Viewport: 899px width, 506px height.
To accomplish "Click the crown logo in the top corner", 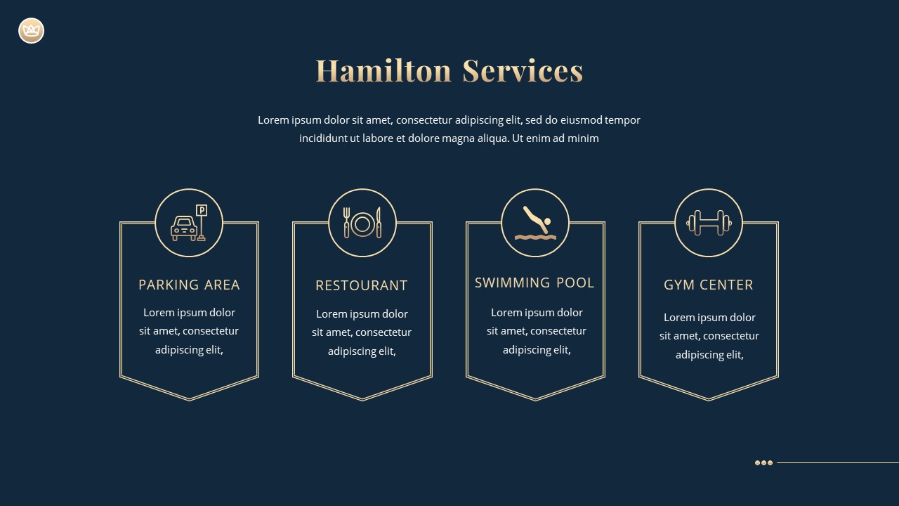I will [31, 31].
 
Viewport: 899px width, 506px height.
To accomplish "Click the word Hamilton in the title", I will [383, 71].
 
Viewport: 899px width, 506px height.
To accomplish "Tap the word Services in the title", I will [523, 71].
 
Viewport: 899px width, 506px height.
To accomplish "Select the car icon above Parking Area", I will [184, 228].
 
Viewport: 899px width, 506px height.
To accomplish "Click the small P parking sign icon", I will [202, 210].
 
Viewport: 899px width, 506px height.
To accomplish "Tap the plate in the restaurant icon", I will [362, 223].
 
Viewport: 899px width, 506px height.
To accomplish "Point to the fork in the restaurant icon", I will [346, 222].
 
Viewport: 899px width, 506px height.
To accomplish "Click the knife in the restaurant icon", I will [379, 222].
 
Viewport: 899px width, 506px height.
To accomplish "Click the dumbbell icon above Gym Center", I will [709, 223].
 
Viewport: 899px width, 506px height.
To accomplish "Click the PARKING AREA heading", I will [189, 285].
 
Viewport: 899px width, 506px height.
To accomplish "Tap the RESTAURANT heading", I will [362, 285].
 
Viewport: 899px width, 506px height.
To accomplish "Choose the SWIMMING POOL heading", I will [534, 283].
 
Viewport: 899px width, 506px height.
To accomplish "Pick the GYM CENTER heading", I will [708, 285].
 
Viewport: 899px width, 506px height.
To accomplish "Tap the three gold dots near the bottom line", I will [763, 462].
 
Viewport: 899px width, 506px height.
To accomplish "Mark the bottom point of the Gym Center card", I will [709, 400].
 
